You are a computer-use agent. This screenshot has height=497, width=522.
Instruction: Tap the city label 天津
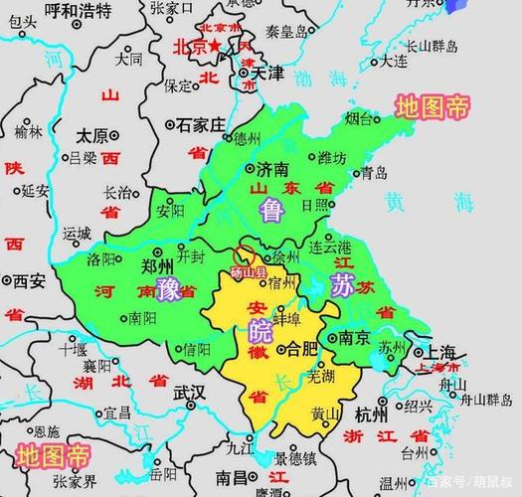tap(266, 73)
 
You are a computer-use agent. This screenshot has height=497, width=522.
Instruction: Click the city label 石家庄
tap(203, 125)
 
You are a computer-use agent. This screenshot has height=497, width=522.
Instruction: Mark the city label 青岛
tap(373, 173)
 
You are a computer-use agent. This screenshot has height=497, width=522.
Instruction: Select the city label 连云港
tap(331, 246)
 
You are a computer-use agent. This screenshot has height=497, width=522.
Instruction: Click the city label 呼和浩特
tap(79, 12)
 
